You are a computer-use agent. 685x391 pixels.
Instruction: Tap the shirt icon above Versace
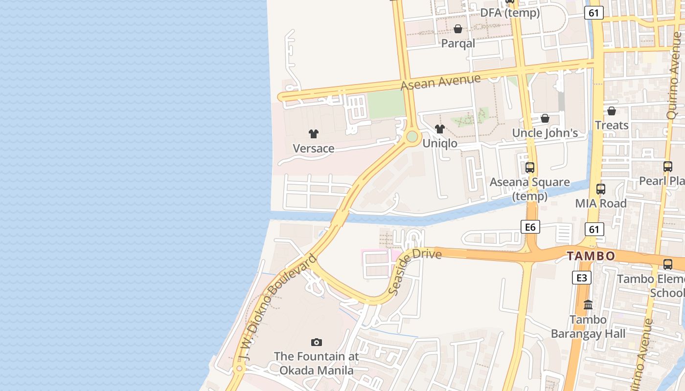tap(314, 133)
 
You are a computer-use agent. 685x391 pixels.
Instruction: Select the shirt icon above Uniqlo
tap(440, 129)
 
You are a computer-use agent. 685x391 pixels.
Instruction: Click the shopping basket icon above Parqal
tap(458, 29)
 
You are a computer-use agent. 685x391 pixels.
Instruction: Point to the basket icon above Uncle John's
tap(545, 118)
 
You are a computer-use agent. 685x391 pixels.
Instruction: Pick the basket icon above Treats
tap(612, 111)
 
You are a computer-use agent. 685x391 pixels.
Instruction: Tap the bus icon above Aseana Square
tap(529, 168)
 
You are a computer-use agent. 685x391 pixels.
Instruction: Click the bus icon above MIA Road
tap(601, 189)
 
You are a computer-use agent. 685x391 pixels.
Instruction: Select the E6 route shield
tap(530, 226)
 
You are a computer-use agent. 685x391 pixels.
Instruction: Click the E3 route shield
tap(581, 278)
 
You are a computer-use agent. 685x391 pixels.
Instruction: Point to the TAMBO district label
tap(591, 256)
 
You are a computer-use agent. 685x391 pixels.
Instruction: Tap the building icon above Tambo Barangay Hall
tap(588, 305)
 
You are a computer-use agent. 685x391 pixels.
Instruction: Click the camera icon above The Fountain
tap(317, 342)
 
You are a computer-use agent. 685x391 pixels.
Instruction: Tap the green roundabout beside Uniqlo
tap(412, 136)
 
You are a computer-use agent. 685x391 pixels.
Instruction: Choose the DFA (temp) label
tap(510, 13)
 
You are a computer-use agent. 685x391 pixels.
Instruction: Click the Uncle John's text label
tap(545, 133)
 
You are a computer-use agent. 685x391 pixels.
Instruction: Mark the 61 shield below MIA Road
tap(594, 229)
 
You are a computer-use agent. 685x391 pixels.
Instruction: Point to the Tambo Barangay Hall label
tap(588, 327)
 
